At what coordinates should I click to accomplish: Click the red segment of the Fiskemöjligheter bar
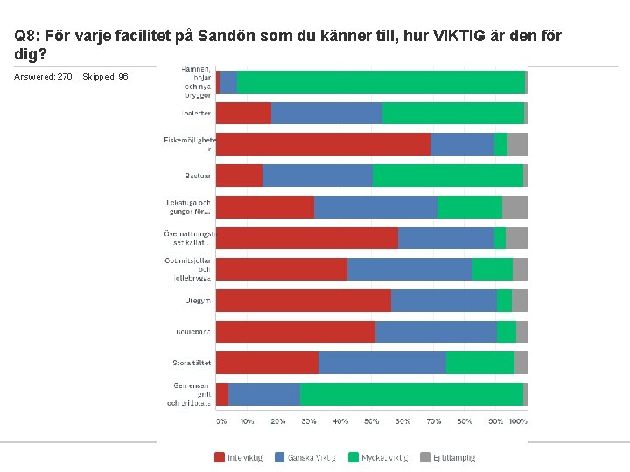point(323,144)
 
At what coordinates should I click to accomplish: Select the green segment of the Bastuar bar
point(448,176)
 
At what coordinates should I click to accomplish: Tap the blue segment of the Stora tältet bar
point(382,363)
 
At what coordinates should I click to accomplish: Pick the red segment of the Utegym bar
point(304,301)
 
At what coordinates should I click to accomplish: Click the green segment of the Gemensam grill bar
point(411,394)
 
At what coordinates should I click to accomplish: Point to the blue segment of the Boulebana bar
point(436,332)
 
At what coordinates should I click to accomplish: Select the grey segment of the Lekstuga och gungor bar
point(514,207)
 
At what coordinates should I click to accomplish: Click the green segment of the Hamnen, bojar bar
point(381,82)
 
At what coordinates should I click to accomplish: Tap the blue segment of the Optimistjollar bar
point(409,269)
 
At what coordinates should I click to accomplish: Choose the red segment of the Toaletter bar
point(243,114)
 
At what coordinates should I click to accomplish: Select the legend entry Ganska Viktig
point(305,457)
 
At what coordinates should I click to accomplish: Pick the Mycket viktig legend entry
point(378,457)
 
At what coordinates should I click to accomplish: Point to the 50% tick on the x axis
point(372,421)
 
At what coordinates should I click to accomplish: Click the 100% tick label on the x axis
point(518,421)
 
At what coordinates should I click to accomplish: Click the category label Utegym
point(198,301)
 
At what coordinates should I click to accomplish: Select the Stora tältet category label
point(192,363)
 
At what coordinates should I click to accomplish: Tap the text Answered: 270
point(43,77)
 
